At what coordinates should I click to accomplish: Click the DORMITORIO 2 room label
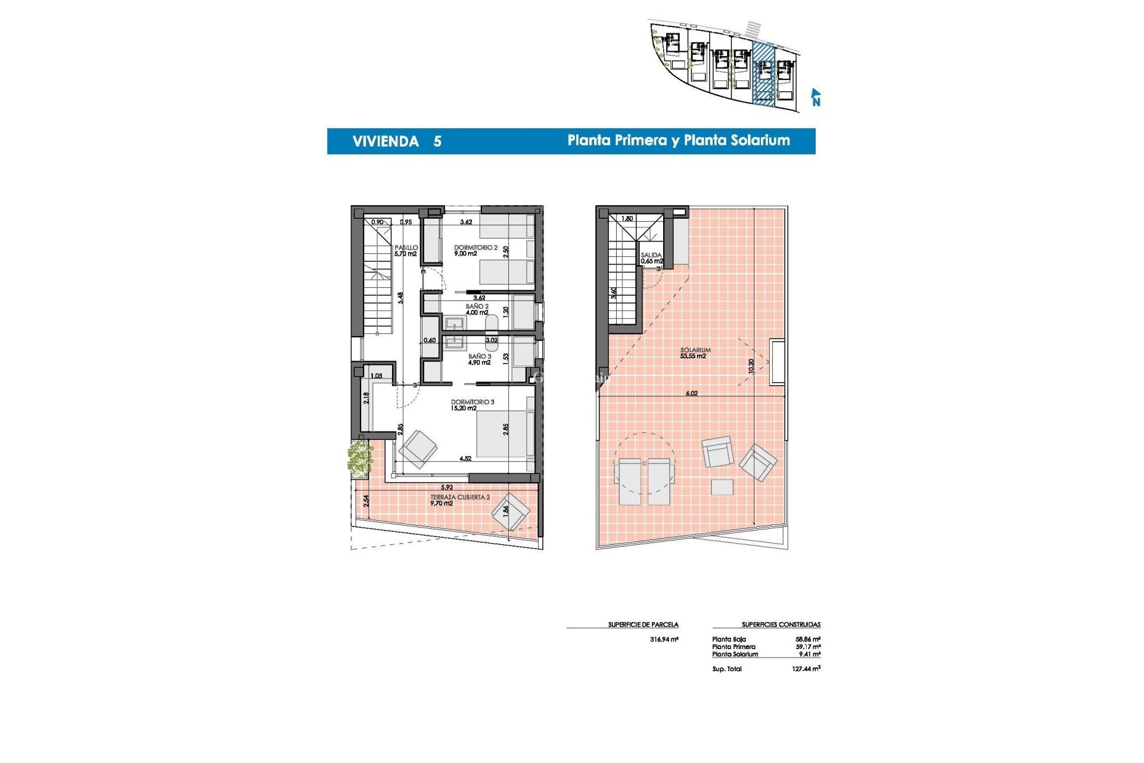[475, 248]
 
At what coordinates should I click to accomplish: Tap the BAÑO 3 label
[480, 356]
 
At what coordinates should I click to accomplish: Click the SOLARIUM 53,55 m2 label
[695, 353]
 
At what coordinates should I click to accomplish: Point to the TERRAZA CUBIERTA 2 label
[460, 497]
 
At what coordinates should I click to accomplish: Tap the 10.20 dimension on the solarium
[751, 365]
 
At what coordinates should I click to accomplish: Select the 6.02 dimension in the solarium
[691, 393]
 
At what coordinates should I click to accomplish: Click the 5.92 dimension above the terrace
[446, 488]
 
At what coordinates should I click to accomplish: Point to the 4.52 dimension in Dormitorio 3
[465, 458]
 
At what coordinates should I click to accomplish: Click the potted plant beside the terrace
[359, 458]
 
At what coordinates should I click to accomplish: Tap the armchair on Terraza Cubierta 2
[511, 511]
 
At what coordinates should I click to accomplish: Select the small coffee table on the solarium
[722, 487]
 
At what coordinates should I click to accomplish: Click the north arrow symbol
[815, 97]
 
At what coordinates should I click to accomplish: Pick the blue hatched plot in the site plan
[763, 75]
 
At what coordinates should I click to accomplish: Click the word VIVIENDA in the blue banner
[386, 142]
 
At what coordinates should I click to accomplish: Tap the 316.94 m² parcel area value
[664, 639]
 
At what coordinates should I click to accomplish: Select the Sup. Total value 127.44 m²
[806, 669]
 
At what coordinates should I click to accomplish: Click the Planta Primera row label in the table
[733, 647]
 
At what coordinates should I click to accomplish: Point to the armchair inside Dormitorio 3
[418, 449]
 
